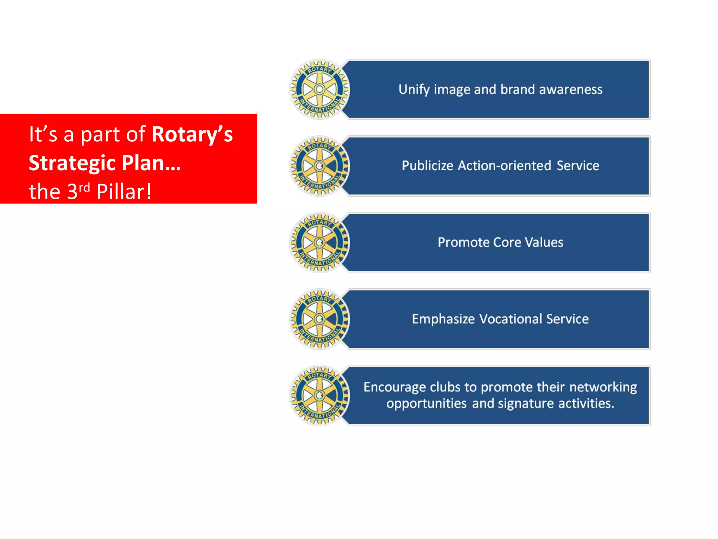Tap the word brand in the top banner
tap(517, 89)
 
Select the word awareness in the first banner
tap(571, 89)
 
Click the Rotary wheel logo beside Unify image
tap(319, 89)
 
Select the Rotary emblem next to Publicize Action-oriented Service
tap(319, 166)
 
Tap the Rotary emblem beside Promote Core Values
tap(319, 242)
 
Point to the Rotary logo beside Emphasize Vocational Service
tap(319, 319)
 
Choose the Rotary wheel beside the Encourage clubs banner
tap(319, 396)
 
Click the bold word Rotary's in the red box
tap(192, 134)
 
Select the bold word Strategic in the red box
tap(72, 163)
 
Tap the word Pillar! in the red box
tap(124, 192)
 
